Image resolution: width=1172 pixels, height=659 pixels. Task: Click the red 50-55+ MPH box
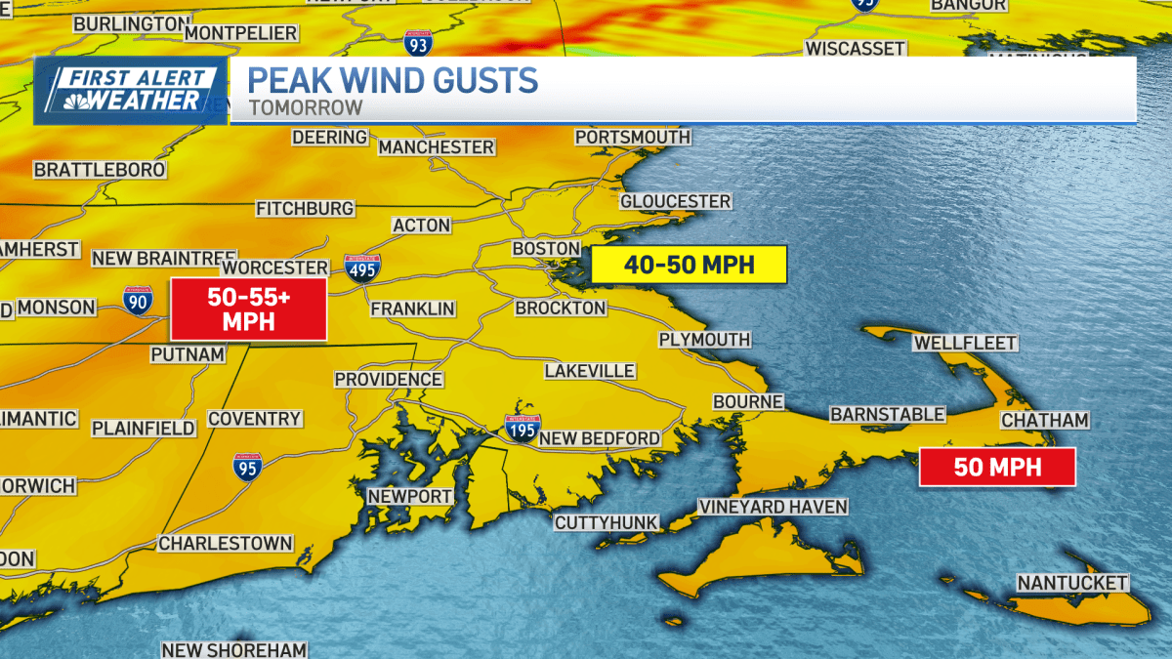(x=248, y=309)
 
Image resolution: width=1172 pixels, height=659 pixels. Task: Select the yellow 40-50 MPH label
(x=690, y=265)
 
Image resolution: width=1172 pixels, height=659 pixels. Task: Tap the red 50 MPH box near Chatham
(x=997, y=467)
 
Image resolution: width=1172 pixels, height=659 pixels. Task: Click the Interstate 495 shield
(x=361, y=268)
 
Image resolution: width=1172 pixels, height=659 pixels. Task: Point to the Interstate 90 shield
(x=138, y=302)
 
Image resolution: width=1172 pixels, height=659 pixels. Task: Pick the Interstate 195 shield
(x=523, y=428)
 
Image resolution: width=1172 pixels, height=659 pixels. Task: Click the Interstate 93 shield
(x=417, y=42)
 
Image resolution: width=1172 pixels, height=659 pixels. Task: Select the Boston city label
(x=547, y=249)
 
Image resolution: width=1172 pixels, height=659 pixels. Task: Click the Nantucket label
(x=1072, y=583)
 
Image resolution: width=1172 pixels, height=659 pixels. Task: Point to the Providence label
(x=388, y=379)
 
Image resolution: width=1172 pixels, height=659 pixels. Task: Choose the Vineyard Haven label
(x=773, y=507)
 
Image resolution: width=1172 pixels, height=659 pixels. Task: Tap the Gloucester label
(x=675, y=201)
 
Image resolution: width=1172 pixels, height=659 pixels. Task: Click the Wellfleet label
(x=965, y=343)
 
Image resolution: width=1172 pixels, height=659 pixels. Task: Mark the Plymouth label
(x=704, y=339)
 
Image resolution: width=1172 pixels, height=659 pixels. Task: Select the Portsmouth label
(x=632, y=138)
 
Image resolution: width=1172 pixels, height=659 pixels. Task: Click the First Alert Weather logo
(x=131, y=91)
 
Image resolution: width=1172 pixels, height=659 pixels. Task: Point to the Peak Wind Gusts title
(x=393, y=79)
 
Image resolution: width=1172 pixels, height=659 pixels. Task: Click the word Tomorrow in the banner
(x=306, y=107)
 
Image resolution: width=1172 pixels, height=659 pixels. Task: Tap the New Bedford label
(x=600, y=438)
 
